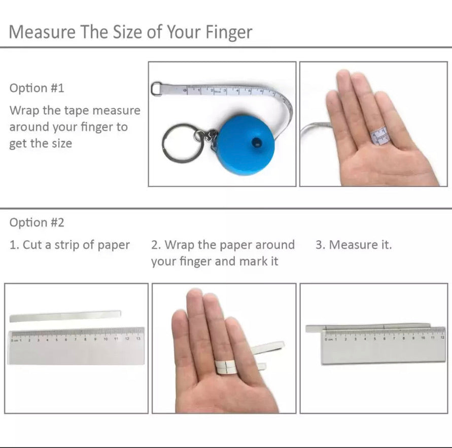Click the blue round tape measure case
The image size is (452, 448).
(x=245, y=145)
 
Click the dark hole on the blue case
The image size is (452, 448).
(x=256, y=142)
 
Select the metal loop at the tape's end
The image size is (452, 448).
(x=156, y=88)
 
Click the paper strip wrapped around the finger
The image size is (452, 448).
(x=226, y=367)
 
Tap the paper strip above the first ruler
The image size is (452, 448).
(x=65, y=316)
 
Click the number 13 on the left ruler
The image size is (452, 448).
(x=138, y=338)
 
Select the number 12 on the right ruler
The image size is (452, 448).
(x=442, y=337)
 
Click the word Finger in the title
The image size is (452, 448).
(x=229, y=32)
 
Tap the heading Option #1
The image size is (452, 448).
(x=37, y=88)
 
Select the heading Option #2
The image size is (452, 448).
(x=37, y=222)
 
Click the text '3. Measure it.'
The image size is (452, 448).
(x=354, y=245)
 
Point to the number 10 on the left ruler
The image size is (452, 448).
(x=106, y=339)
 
